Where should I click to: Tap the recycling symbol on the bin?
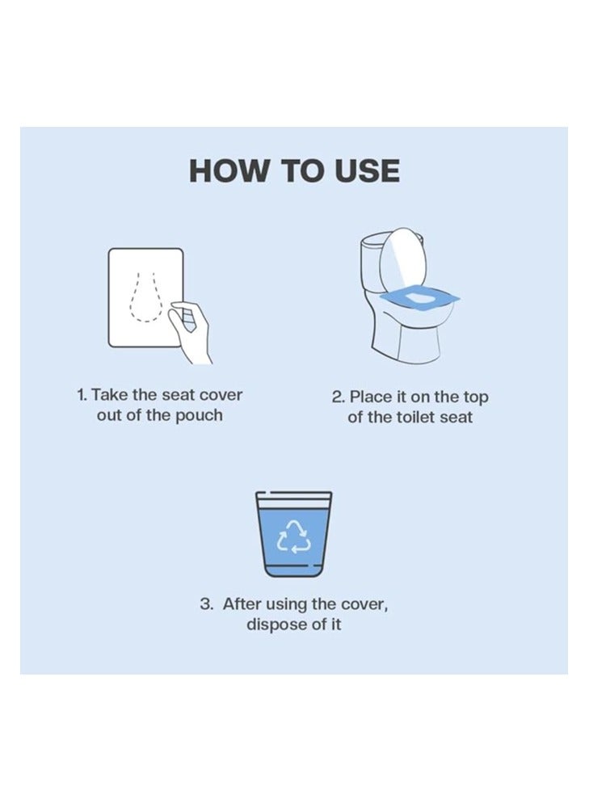coord(293,536)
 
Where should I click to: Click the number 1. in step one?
coord(82,395)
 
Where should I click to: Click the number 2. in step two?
coord(339,397)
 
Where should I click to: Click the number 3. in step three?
coord(207,604)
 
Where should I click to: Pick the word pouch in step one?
coord(198,416)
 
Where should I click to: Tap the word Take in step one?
coord(109,395)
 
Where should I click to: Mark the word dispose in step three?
coord(275,625)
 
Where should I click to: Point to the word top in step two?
coord(474,397)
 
